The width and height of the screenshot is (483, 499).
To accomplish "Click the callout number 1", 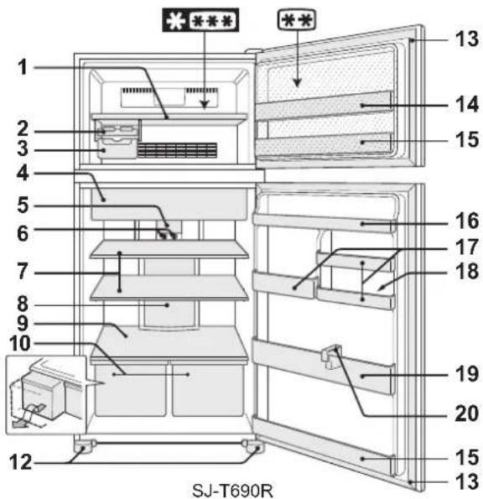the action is [23, 67].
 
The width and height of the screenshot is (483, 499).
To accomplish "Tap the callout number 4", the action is [23, 174].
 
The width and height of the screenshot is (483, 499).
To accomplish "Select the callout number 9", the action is [23, 324].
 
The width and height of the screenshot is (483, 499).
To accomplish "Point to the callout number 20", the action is [467, 413].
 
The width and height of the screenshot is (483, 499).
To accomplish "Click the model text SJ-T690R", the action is [232, 491].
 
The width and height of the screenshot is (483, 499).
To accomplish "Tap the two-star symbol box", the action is [297, 20].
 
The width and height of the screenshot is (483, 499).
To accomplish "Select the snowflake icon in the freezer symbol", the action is [175, 21].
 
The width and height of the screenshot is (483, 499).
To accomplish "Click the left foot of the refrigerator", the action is [84, 446].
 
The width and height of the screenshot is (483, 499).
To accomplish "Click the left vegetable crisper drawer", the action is [131, 389].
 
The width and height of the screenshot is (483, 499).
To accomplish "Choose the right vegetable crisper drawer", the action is [207, 389].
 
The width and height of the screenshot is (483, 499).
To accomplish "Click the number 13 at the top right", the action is [467, 39].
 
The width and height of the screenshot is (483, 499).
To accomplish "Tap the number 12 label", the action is [21, 462].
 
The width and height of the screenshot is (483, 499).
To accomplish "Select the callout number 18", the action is [467, 272].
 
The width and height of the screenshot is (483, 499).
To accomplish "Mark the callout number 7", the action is [23, 272].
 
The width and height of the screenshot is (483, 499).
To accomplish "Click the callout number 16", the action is [467, 221].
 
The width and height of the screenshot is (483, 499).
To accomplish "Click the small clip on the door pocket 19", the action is [331, 356].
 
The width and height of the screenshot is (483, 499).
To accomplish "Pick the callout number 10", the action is [20, 344].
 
